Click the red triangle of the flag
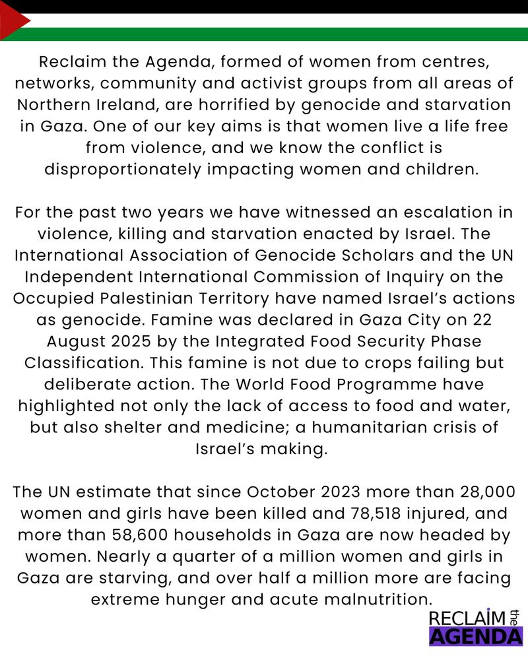pos(12,20)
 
